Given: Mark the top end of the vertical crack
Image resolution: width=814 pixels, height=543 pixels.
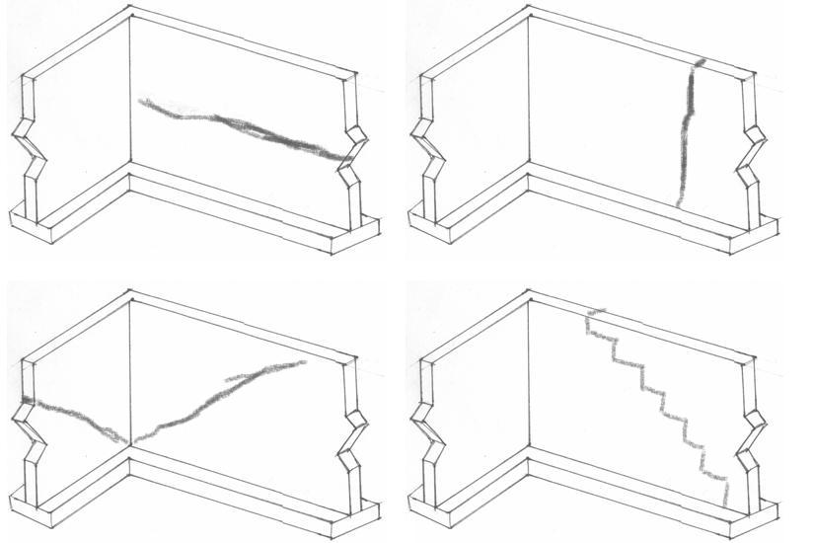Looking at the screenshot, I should click(x=700, y=63).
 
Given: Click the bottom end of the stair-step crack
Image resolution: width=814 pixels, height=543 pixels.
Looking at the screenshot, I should click(x=725, y=505).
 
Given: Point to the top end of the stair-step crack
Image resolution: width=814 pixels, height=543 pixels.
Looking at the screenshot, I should click(x=590, y=314).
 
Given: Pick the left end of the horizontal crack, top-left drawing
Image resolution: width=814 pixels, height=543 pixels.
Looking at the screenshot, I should click(x=141, y=101).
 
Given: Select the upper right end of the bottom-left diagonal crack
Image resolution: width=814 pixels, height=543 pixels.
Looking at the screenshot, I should click(x=304, y=361).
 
